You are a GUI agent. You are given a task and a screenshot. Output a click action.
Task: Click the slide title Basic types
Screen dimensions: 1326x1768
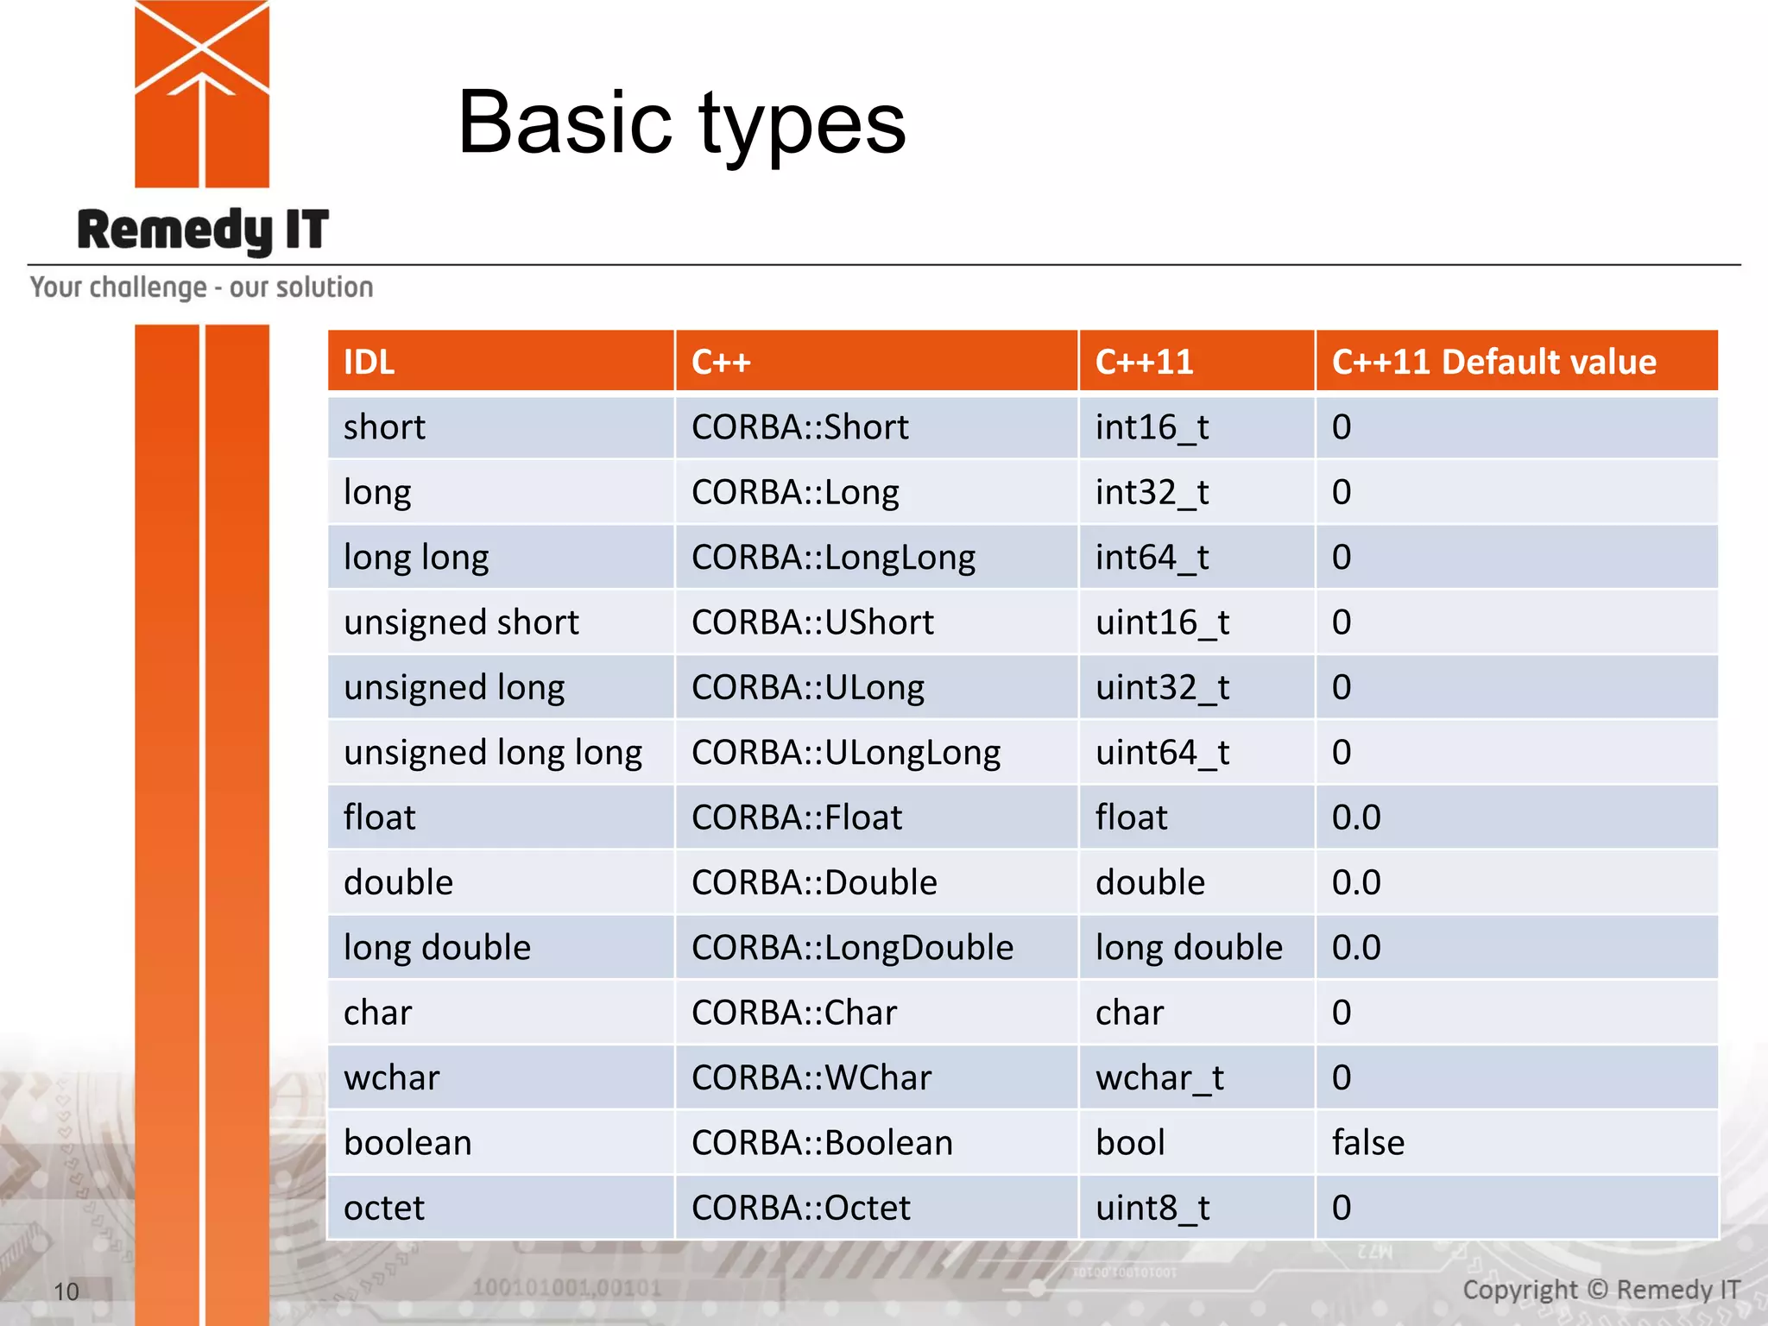coord(681,123)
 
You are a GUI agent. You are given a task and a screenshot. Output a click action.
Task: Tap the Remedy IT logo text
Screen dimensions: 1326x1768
coord(203,230)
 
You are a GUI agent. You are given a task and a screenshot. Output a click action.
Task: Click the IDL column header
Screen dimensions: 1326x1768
coord(369,362)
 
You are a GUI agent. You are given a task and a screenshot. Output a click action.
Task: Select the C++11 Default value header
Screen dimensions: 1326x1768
coord(1493,362)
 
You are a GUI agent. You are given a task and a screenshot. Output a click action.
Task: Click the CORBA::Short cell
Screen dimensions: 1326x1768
coord(799,427)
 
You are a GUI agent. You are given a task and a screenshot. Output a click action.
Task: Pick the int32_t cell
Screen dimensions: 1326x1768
coord(1152,492)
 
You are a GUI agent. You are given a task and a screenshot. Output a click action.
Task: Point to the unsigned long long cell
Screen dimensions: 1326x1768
coord(493,753)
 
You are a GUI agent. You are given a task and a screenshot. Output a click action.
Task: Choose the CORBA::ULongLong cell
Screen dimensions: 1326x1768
coord(845,753)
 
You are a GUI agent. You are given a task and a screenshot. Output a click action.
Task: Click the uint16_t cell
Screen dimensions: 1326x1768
coord(1162,622)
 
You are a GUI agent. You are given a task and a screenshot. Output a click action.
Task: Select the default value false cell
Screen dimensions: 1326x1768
coord(1367,1143)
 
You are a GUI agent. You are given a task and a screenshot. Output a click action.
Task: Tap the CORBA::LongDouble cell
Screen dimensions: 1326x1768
coord(852,948)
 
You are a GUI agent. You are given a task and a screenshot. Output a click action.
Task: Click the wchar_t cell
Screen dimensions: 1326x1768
coord(1159,1078)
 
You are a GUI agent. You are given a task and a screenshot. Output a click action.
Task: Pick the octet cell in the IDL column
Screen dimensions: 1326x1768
coord(384,1208)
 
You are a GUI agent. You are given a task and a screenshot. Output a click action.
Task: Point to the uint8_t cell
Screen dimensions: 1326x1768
coord(1152,1208)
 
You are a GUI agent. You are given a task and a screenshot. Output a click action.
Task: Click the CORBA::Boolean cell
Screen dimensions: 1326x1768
coord(822,1143)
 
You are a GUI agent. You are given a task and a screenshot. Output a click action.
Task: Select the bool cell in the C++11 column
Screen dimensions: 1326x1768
coord(1130,1143)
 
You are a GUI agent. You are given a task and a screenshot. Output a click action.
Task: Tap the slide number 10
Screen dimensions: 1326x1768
coord(66,1291)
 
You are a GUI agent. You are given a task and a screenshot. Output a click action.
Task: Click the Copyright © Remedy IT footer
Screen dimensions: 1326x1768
coord(1601,1290)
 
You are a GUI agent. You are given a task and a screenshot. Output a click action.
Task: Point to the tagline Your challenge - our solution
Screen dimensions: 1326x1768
coord(202,287)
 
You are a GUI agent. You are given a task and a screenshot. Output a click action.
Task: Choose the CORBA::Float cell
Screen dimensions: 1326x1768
coord(796,818)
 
